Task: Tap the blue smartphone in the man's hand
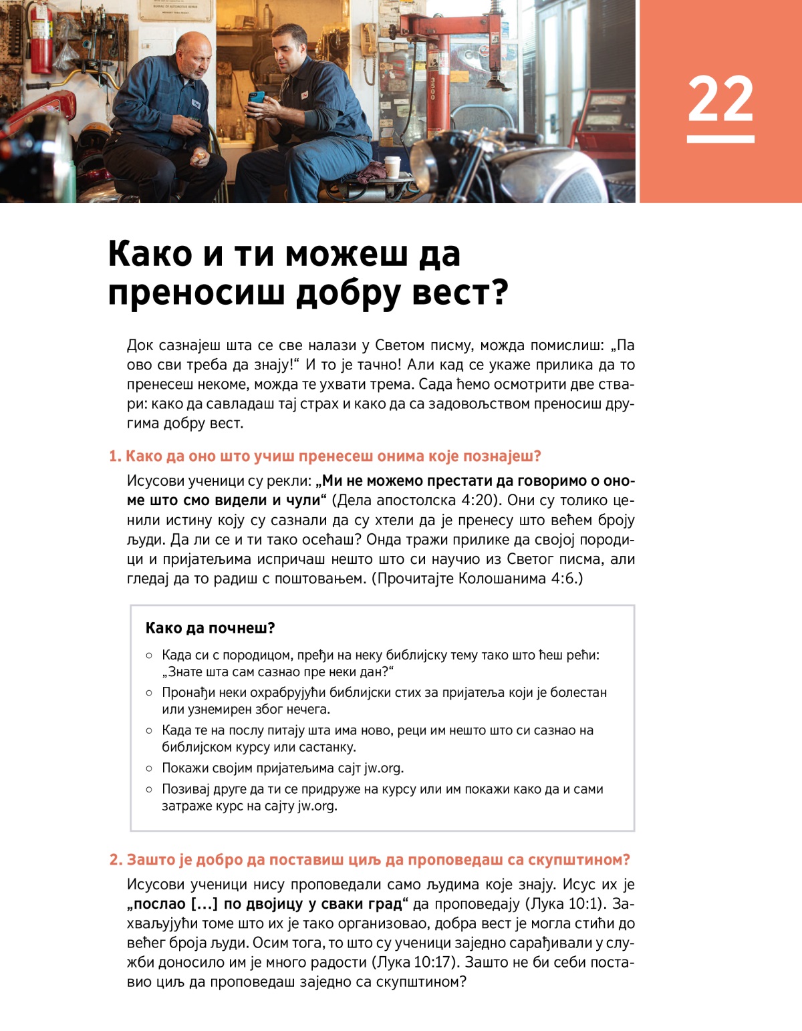point(257,98)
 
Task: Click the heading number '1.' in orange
point(115,456)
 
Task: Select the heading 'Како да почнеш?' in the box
point(210,628)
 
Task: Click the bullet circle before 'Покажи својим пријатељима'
point(149,768)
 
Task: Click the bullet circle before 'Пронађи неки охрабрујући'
point(149,693)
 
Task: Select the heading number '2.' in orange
point(116,860)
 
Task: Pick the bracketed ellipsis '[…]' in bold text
point(205,904)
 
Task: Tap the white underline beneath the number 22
point(720,139)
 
